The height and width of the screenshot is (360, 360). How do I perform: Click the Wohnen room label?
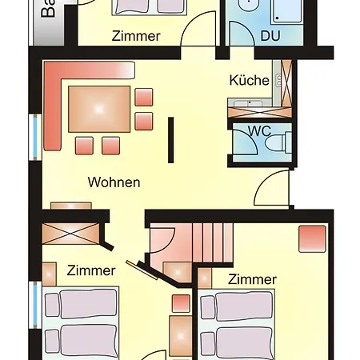click(114, 182)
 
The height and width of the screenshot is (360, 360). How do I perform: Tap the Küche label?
click(249, 80)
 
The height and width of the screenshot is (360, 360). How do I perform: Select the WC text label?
click(259, 130)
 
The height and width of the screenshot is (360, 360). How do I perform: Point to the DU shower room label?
click(270, 35)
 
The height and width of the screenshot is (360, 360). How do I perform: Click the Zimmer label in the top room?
click(136, 36)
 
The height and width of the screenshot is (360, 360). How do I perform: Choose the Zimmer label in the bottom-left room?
click(91, 270)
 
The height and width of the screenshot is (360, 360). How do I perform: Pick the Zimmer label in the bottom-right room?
click(252, 279)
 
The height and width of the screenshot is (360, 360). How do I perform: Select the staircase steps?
click(211, 239)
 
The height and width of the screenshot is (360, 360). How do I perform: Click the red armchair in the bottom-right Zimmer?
click(312, 238)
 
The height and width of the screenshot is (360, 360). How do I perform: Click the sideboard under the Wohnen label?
click(70, 205)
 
